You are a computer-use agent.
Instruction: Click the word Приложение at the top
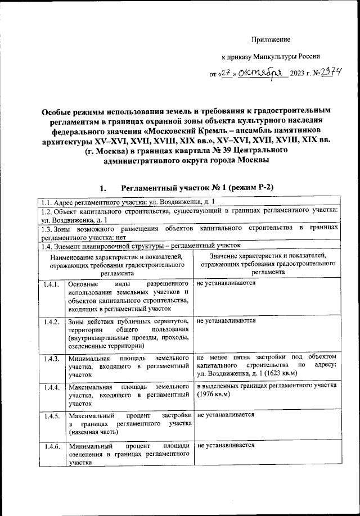click(271, 39)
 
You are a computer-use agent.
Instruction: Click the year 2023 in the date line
click(298, 74)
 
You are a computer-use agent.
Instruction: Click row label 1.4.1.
click(51, 285)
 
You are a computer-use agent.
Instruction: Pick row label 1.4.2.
click(51, 322)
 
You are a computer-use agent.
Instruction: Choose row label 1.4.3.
click(51, 359)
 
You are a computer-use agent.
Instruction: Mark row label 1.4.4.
click(51, 388)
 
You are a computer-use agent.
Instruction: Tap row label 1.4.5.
click(51, 417)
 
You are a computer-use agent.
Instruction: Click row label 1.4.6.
click(51, 446)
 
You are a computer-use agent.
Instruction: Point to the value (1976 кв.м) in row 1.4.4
click(217, 395)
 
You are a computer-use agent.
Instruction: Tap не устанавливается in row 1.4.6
click(225, 445)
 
